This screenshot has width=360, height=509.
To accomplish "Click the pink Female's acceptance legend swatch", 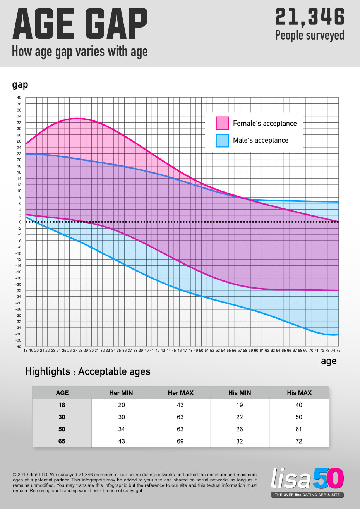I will (x=223, y=123).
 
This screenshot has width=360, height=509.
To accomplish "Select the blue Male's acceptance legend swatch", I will (x=223, y=140).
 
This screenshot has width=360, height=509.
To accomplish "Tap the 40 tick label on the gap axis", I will (x=19, y=98).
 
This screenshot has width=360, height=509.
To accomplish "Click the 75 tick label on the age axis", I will (x=338, y=351).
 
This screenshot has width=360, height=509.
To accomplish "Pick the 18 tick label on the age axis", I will (x=26, y=351).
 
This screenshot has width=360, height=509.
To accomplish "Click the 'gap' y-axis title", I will (x=20, y=85).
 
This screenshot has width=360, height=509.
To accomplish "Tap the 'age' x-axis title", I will (x=329, y=361).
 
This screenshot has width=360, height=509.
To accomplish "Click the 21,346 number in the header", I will (x=310, y=17).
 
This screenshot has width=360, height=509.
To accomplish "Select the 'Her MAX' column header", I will (x=181, y=393).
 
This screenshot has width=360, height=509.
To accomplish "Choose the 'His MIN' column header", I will (x=240, y=393).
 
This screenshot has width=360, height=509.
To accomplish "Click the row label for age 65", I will (x=62, y=441).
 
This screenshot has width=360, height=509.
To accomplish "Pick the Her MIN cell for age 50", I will (x=122, y=429).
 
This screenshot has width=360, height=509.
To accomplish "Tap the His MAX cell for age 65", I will (x=299, y=441).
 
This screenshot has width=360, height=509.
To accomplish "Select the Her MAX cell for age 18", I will (x=180, y=405).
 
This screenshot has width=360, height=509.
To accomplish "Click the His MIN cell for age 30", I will (x=240, y=417).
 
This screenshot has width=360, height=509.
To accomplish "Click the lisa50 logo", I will (x=307, y=479).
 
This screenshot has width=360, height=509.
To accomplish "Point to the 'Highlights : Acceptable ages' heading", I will (x=87, y=371).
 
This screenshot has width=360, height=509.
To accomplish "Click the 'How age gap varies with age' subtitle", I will (x=80, y=52).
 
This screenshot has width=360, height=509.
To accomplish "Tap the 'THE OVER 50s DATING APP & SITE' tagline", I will (x=307, y=495).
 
